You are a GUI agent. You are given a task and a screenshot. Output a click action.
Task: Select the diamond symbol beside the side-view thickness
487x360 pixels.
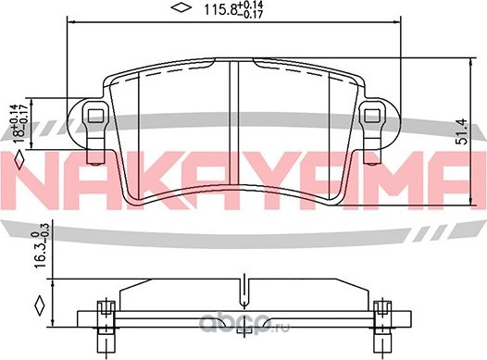[39, 304]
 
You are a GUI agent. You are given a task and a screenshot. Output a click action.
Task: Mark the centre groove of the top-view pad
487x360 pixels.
[233, 120]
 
